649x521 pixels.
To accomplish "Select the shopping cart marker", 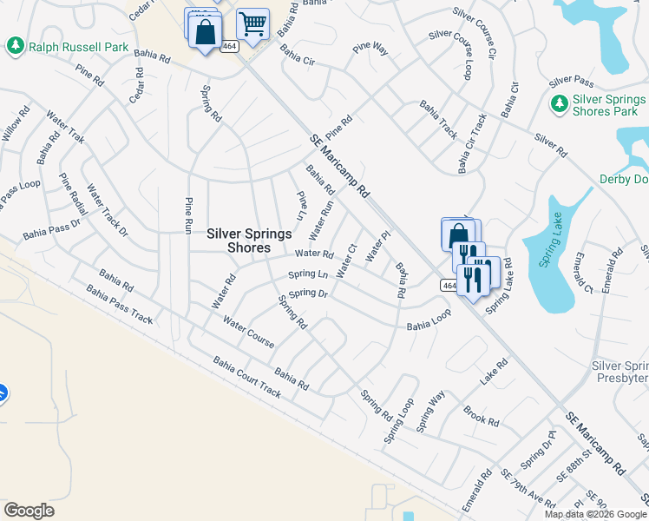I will click(252, 25).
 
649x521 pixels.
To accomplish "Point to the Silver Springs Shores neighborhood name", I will click(248, 240).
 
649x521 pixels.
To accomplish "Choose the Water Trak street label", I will click(66, 127).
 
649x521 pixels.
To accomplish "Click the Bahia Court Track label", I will click(247, 377).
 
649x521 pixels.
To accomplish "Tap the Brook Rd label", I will click(482, 416).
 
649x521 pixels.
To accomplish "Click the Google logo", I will click(29, 511).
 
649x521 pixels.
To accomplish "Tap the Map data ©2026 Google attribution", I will click(595, 514).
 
